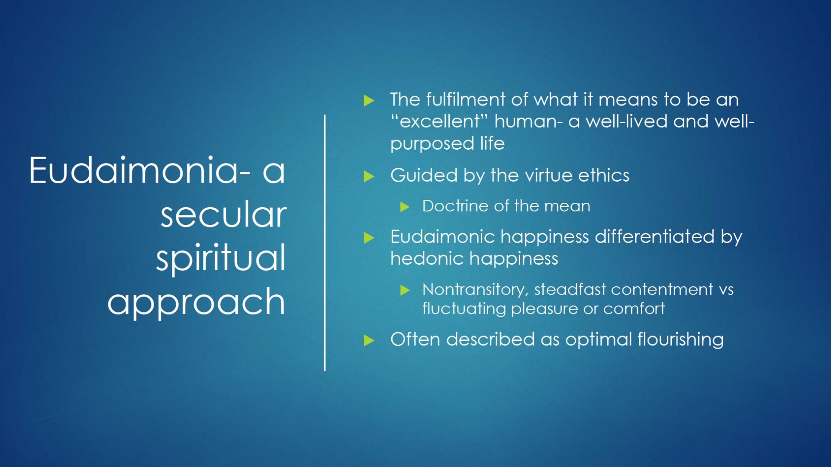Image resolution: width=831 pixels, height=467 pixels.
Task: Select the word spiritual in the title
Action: [221, 258]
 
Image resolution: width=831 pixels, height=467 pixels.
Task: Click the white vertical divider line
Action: [325, 243]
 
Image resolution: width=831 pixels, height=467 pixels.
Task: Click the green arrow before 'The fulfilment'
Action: [369, 101]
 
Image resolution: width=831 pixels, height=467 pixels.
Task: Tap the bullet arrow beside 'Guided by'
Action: [369, 176]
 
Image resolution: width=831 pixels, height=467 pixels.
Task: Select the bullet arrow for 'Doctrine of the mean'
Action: [405, 207]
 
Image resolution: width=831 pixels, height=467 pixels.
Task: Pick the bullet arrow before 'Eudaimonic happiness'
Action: [369, 238]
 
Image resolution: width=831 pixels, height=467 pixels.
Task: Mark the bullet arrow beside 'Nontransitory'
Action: [405, 290]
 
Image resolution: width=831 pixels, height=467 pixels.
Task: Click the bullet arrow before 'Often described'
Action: [369, 341]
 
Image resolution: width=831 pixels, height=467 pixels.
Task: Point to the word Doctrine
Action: [456, 206]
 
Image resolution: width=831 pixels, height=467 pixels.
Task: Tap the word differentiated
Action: [655, 237]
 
